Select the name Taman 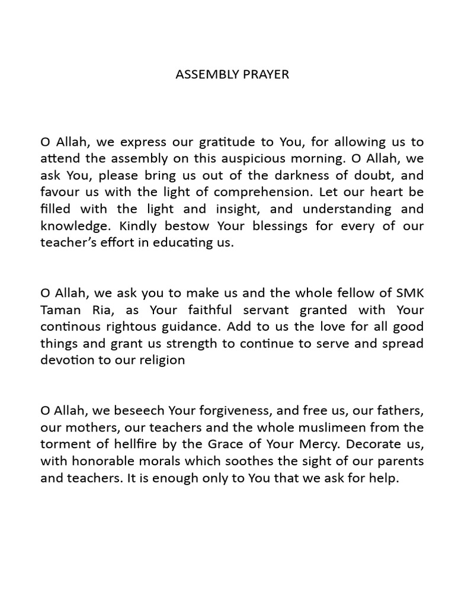(x=57, y=309)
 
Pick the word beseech (x=143, y=410)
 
